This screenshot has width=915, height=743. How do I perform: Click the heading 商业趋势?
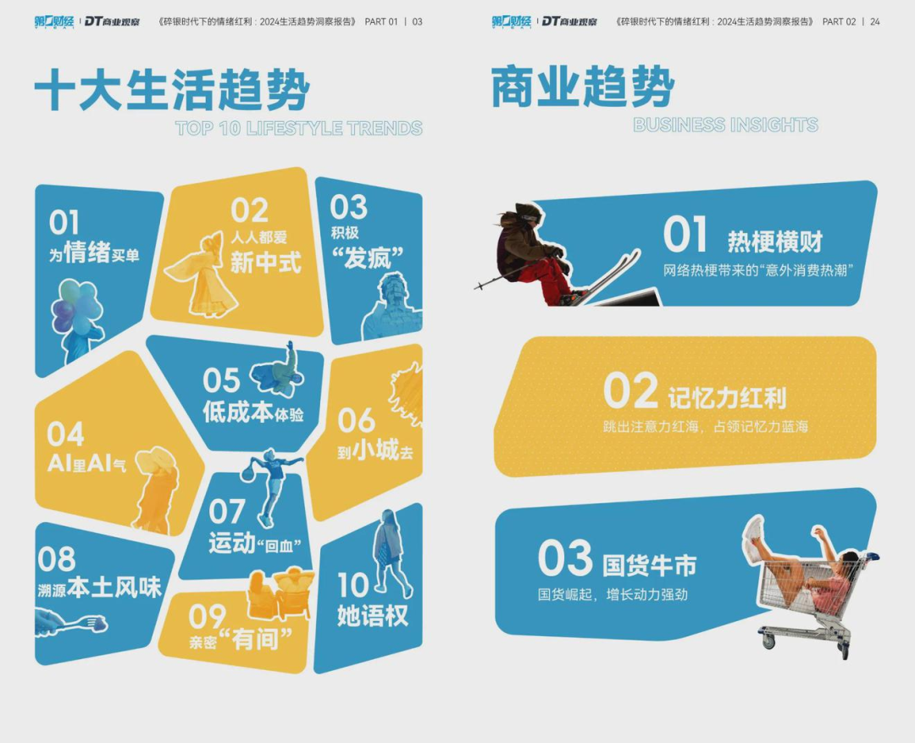coord(584,87)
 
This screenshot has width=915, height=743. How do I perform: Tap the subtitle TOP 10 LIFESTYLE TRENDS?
coord(299,129)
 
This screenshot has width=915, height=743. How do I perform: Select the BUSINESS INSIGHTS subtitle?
coord(725,125)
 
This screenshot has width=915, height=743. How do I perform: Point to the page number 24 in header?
coord(874,21)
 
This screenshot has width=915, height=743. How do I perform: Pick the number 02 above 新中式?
coord(249,210)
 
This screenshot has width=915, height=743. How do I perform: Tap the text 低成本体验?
coord(253,412)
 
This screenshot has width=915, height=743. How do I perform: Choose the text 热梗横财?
coord(775,241)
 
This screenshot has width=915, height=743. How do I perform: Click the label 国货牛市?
coord(649,566)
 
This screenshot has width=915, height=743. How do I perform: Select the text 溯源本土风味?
coord(99,587)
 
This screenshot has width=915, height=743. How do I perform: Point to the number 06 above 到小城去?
coord(356,420)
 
